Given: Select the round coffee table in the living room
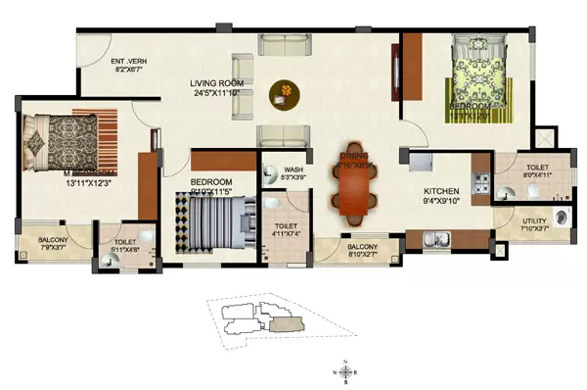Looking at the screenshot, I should click(284, 91).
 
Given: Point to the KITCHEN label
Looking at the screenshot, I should click(442, 191).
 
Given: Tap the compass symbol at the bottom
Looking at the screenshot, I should click(347, 371).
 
